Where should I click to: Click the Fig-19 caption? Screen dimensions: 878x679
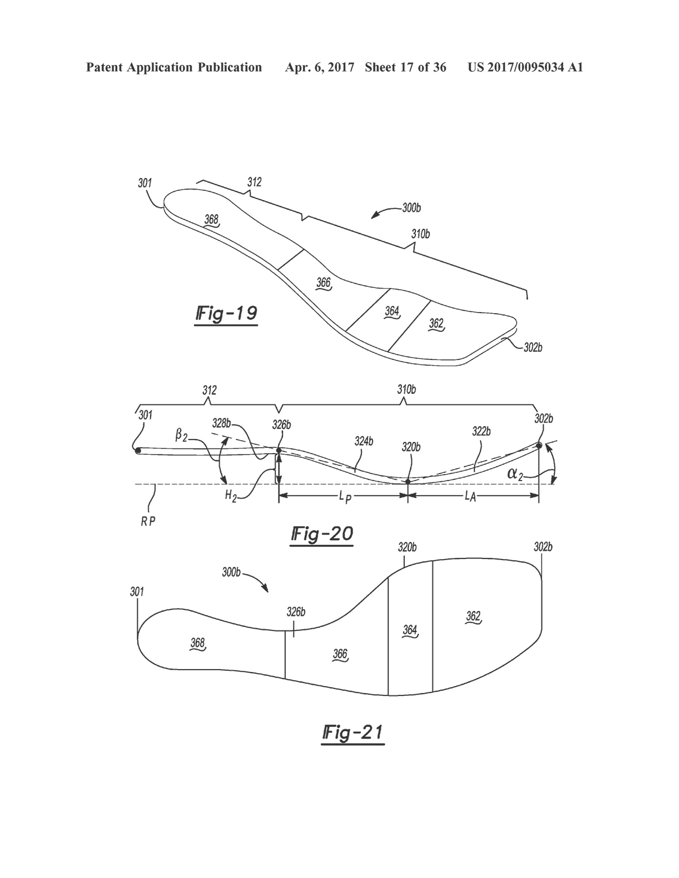(x=226, y=314)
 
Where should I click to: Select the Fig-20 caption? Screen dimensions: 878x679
(x=322, y=534)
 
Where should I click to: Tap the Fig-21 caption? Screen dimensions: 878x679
(x=353, y=733)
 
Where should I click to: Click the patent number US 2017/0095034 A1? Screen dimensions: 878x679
(x=525, y=67)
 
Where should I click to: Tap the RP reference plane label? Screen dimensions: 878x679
(x=148, y=520)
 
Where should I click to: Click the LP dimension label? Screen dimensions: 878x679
(x=344, y=496)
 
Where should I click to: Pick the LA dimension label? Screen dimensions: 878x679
(x=470, y=496)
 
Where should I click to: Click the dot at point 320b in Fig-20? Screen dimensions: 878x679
(x=408, y=481)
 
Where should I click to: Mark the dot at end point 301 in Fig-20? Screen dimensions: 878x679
(x=138, y=450)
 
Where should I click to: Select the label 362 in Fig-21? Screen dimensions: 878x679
(x=473, y=616)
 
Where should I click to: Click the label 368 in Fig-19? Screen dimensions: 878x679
(x=211, y=220)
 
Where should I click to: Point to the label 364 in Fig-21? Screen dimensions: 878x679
(x=410, y=630)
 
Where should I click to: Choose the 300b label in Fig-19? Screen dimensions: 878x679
(x=411, y=208)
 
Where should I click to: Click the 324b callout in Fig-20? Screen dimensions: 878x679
(x=363, y=441)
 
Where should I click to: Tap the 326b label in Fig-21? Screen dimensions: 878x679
(x=296, y=612)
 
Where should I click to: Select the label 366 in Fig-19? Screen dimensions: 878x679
(x=323, y=283)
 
